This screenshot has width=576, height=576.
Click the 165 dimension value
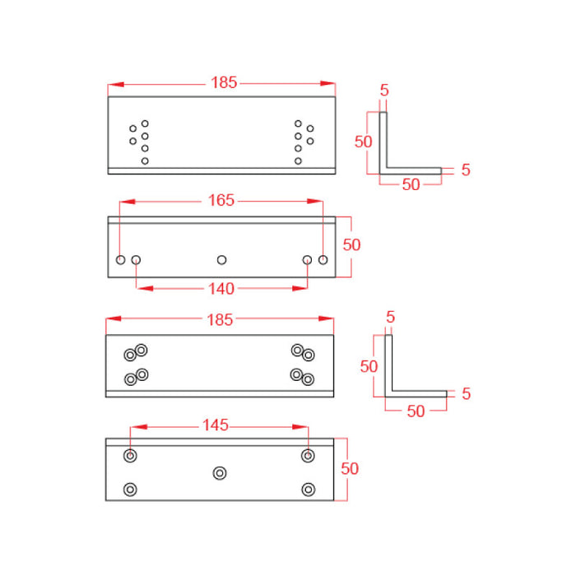pyautogui.click(x=221, y=200)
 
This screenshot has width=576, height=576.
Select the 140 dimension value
pyautogui.click(x=221, y=288)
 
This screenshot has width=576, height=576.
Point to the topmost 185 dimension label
pyautogui.click(x=224, y=82)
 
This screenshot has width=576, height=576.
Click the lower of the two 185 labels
pyautogui.click(x=221, y=320)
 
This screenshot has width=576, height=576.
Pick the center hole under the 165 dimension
pyautogui.click(x=221, y=260)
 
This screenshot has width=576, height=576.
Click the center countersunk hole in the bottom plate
pyautogui.click(x=219, y=472)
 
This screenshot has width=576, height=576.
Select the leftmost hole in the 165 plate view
pyautogui.click(x=121, y=260)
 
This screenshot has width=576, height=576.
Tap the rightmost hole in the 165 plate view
pyautogui.click(x=323, y=260)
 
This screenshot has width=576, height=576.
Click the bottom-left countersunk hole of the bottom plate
pyautogui.click(x=130, y=490)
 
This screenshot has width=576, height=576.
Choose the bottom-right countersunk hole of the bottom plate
pyautogui.click(x=309, y=490)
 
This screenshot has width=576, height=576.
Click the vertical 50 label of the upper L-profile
pyautogui.click(x=364, y=141)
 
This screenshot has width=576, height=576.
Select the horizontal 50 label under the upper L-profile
pyautogui.click(x=411, y=185)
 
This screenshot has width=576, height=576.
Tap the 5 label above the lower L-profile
pyautogui.click(x=390, y=317)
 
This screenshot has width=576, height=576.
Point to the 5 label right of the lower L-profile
pyautogui.click(x=466, y=394)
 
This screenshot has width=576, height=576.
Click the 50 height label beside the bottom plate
pyautogui.click(x=350, y=468)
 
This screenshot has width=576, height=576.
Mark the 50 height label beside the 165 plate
pyautogui.click(x=351, y=244)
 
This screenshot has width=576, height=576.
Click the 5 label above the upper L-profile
pyautogui.click(x=384, y=91)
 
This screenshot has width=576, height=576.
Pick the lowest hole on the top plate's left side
pyautogui.click(x=145, y=160)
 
